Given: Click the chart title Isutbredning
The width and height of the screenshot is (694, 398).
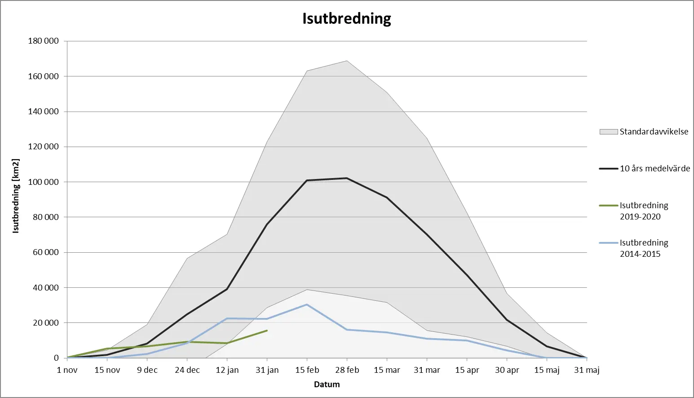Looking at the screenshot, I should [346, 18].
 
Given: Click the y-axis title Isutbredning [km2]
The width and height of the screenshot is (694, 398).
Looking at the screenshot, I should [16, 196].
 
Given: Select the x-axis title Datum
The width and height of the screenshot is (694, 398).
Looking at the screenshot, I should [327, 385].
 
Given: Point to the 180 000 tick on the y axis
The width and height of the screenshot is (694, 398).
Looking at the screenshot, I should [44, 41].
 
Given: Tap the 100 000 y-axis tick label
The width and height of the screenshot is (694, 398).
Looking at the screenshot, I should [44, 182].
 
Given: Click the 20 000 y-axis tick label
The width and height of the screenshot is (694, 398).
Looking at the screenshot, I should [45, 323].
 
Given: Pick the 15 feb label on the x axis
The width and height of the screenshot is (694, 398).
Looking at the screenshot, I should [307, 370].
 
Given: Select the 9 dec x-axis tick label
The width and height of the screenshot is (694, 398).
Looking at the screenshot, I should [147, 370].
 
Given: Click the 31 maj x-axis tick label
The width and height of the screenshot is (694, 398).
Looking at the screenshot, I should [587, 370].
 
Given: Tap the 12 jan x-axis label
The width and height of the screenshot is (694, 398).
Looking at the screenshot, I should [227, 370].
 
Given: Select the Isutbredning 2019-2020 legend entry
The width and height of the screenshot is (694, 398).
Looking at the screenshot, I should [644, 211].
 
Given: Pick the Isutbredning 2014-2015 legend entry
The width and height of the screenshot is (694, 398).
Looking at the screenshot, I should [644, 248].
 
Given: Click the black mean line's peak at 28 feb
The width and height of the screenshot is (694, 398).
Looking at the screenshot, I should [347, 178].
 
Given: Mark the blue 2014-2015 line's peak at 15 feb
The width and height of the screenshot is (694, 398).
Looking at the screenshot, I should [307, 304].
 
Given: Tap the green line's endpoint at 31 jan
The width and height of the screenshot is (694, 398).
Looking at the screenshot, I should [267, 331].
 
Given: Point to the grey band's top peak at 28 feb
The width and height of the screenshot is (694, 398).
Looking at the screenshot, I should [347, 61].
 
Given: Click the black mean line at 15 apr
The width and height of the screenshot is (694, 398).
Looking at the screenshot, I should [467, 275].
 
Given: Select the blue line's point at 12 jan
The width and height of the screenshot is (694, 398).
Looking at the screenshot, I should [227, 318].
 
